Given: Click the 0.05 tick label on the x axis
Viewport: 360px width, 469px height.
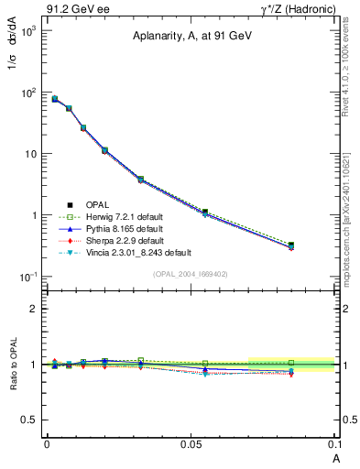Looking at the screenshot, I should coord(191,443).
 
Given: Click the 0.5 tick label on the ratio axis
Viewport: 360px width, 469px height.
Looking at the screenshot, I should coord(30,420).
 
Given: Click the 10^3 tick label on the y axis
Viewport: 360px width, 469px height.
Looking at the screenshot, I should coord(28,31).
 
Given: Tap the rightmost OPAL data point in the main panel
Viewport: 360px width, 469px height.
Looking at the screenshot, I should coord(291,245).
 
